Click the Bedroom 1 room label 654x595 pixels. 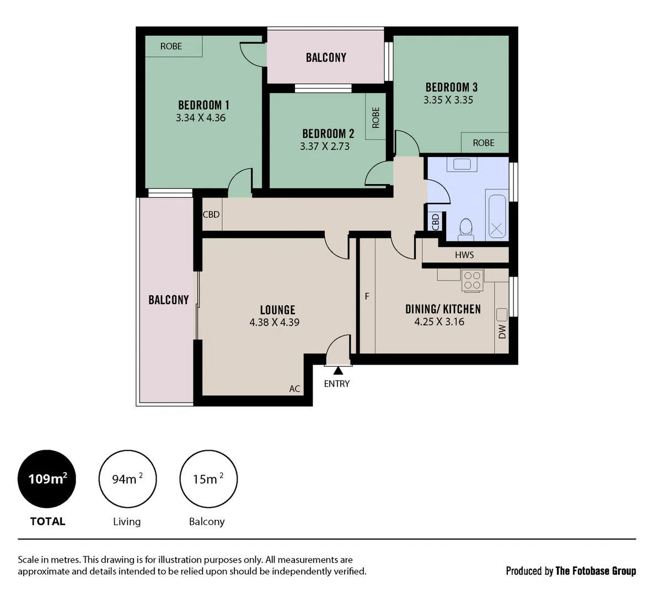(x=203, y=105)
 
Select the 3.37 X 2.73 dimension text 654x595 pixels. (x=325, y=147)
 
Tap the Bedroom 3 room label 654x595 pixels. (x=451, y=87)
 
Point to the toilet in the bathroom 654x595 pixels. (x=466, y=229)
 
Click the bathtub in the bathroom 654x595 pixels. (x=497, y=215)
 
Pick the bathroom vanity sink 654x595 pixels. (x=462, y=164)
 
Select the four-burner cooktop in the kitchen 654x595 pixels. (x=473, y=280)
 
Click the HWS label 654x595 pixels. (x=464, y=255)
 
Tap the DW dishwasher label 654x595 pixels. (x=502, y=331)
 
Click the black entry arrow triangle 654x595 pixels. (x=338, y=371)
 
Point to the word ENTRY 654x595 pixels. (x=337, y=384)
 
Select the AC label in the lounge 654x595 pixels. (x=294, y=389)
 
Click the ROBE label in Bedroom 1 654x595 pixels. (x=171, y=46)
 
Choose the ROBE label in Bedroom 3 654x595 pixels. (x=484, y=143)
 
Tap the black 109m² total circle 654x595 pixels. (x=47, y=479)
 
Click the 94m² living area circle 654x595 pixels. (x=127, y=479)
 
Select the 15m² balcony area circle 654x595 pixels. (x=208, y=479)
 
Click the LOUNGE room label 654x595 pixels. (x=277, y=310)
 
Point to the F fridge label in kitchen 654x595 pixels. (x=367, y=296)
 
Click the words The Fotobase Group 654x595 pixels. (x=596, y=571)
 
